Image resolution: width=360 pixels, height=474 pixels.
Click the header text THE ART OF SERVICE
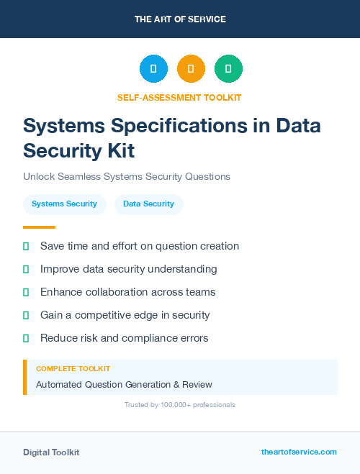coord(180,19)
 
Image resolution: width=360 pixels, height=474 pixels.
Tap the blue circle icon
coord(153,68)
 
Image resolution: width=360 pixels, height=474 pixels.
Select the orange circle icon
coord(191,68)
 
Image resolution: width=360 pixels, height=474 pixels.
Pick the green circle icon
coord(228,68)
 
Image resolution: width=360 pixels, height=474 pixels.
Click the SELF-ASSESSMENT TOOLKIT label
coord(179,97)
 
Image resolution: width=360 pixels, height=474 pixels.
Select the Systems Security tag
coord(64,204)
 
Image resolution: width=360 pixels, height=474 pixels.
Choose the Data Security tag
coord(148,204)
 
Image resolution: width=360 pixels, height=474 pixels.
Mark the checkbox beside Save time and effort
coord(26,246)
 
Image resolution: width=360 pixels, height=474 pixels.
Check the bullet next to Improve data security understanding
coord(26,269)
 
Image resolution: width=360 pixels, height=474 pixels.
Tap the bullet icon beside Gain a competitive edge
coord(26,315)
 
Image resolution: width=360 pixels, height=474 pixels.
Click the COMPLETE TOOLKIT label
coord(73,368)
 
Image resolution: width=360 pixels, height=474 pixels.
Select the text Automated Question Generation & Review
coord(124,384)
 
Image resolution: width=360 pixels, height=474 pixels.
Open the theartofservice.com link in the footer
coord(299,452)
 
